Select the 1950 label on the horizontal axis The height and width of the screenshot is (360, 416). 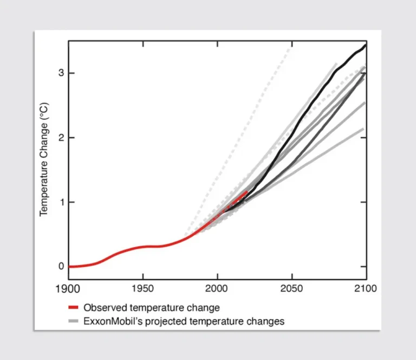142,288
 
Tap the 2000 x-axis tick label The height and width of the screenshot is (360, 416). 217,288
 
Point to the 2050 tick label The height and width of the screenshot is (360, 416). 291,288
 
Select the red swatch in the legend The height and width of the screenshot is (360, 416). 74,307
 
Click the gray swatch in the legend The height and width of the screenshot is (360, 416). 74,321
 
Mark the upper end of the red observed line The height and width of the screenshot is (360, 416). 247,191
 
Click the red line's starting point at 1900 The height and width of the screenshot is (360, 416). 69,266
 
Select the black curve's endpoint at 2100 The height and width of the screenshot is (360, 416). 366,44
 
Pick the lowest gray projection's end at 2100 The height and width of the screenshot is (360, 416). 363,128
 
